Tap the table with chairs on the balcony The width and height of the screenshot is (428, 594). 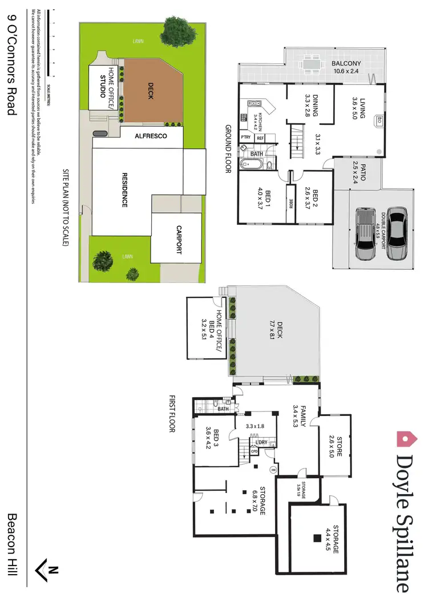(312, 64)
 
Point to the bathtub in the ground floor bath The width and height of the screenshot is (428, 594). (252, 165)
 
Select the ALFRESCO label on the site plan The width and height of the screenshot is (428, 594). (151, 137)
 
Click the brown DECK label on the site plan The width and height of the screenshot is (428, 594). (151, 90)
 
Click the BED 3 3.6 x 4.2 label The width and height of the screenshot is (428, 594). (212, 438)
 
